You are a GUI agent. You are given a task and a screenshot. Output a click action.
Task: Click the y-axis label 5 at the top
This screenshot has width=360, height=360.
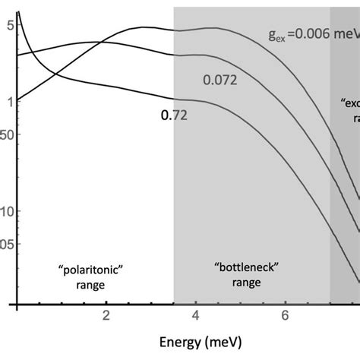[x=8, y=24]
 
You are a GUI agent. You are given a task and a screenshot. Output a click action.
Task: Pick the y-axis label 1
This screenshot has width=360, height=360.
[x=8, y=100]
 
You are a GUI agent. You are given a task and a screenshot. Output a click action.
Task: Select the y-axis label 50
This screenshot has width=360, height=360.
[x=6, y=134]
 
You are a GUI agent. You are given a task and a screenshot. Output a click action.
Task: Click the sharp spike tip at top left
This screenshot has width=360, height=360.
[x=18, y=11]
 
